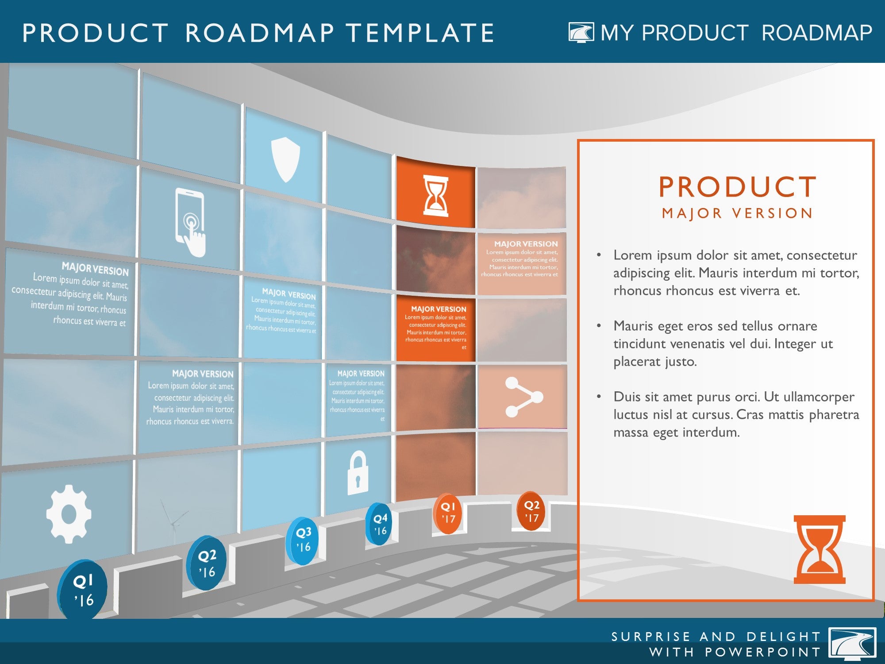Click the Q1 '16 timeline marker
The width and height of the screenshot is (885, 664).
83,590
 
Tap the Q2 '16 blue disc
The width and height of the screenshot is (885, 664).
206,563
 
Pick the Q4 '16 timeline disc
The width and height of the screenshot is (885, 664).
379,524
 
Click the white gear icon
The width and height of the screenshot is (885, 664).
69,514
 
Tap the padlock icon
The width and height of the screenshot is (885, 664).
358,472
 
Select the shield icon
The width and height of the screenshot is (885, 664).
285,159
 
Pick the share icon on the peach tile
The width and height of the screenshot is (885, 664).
523,397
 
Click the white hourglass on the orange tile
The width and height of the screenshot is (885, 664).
436,196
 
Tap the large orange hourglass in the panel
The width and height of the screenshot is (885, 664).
820,549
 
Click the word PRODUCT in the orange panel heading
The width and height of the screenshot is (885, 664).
737,187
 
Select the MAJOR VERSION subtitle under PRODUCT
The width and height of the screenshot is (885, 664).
737,213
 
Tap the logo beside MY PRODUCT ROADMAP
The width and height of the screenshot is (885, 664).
581,32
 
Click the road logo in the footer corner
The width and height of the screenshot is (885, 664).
852,644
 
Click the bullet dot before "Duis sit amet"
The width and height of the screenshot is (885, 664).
599,397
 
